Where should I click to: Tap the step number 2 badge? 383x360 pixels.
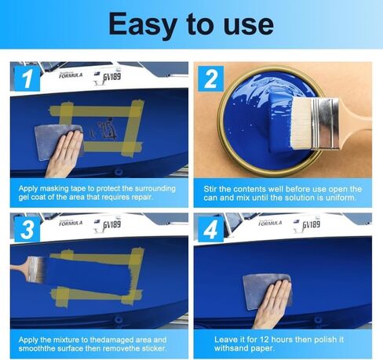click(210, 78)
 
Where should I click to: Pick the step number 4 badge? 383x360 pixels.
click(210, 229)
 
